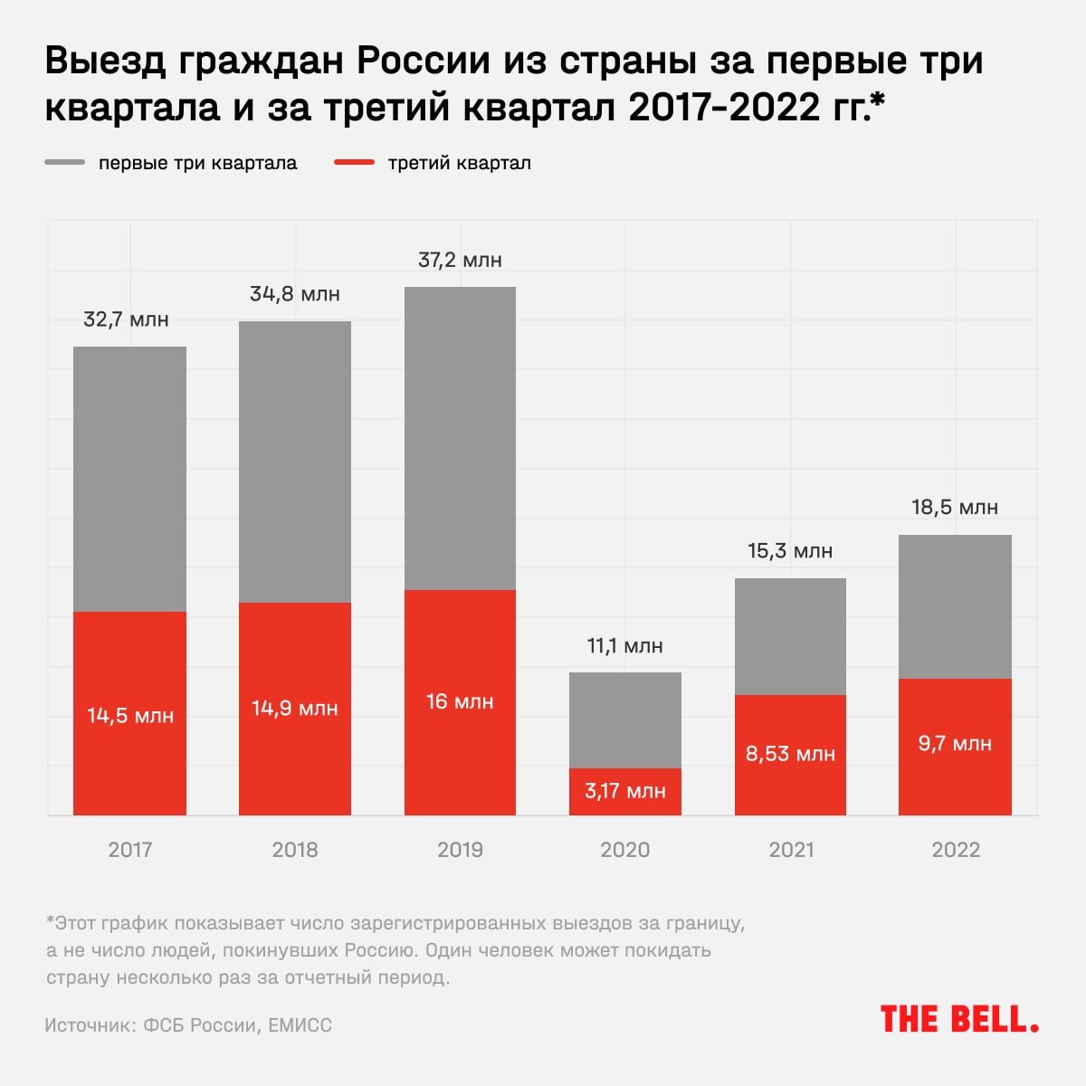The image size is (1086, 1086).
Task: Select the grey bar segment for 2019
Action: point(460,439)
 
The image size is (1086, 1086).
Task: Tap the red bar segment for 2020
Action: point(624,792)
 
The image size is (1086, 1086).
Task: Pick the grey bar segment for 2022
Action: point(955,606)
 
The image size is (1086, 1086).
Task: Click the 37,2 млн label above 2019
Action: point(460,261)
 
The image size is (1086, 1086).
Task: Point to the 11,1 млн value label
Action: point(624,646)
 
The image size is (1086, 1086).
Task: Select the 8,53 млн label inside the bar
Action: point(790,754)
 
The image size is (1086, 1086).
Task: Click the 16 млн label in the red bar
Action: point(460,701)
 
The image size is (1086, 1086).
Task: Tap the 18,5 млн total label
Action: point(955,507)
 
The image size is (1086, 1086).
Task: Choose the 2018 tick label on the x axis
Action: point(295,850)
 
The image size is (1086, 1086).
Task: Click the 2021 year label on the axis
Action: point(791,850)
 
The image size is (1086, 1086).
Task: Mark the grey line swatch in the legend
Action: point(64,163)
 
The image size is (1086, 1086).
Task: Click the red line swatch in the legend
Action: point(354,163)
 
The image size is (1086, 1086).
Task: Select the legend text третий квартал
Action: point(460,164)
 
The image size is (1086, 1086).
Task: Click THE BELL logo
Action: point(959,1020)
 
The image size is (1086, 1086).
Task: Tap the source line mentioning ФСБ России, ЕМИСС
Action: point(188,1025)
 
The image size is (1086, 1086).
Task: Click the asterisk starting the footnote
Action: point(50,923)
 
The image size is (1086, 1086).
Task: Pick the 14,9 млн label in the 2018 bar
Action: point(295,708)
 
